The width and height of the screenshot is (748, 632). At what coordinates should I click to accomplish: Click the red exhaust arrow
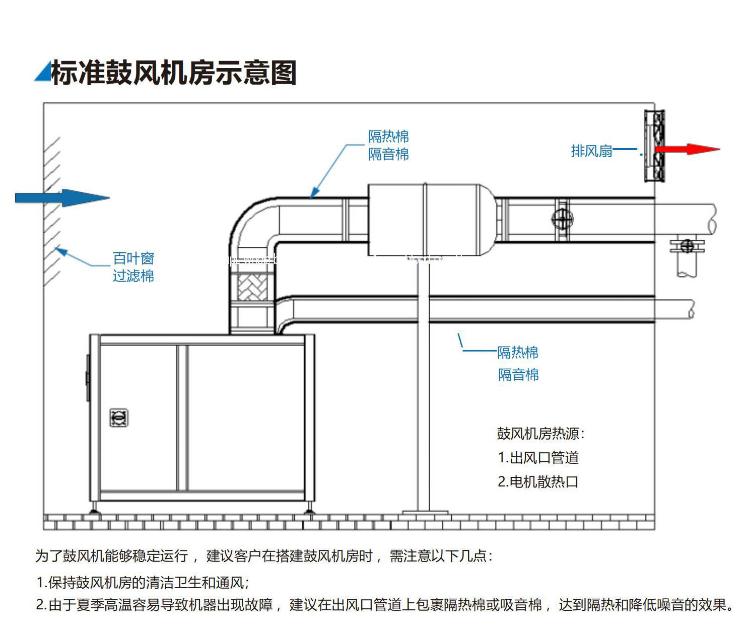coord(687,149)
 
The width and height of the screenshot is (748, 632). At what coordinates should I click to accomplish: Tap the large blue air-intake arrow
coord(63,198)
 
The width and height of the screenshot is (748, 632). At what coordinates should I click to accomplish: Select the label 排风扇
coord(591,151)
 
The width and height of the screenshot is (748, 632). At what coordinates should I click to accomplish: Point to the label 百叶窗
coord(133,258)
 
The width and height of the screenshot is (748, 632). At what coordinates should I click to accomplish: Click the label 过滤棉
coord(133,276)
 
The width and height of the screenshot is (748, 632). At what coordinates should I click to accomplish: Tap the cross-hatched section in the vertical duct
coord(252,287)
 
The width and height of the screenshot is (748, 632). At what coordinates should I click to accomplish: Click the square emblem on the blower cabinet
coord(119,417)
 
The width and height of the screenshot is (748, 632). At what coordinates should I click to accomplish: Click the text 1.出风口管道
coord(538,458)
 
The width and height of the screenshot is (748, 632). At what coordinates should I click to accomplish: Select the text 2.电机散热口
coord(538,482)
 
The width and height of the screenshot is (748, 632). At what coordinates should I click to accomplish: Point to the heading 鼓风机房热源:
coord(540,434)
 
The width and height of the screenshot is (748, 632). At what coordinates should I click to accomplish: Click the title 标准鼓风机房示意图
coord(174,73)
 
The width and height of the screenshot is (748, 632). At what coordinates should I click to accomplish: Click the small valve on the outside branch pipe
coord(686,246)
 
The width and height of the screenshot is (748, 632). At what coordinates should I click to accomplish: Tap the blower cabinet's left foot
coord(94,511)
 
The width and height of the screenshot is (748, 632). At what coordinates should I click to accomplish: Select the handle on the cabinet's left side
coord(88,378)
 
